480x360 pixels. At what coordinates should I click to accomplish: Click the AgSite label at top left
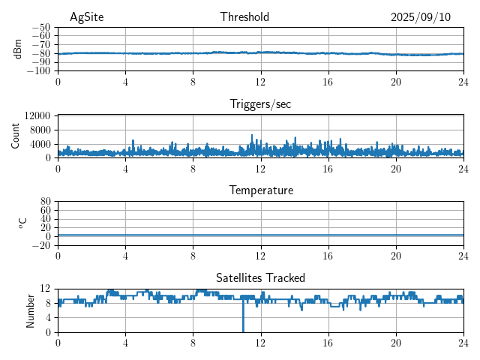tap(85, 17)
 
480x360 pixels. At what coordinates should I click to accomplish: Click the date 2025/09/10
tap(421, 17)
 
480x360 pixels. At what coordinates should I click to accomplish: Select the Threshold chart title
tap(244, 17)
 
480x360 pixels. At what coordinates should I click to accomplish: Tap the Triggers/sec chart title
tap(260, 104)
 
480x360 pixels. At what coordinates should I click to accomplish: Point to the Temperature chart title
tap(260, 190)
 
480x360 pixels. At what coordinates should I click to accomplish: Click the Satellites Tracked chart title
tap(260, 277)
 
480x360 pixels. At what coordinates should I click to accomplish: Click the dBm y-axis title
tap(17, 49)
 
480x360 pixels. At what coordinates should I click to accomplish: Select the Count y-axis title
tap(16, 136)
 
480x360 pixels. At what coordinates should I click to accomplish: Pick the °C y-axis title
tap(22, 223)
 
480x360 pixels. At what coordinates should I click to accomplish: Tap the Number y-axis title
tap(30, 310)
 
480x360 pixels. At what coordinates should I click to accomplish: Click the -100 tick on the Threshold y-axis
tap(39, 71)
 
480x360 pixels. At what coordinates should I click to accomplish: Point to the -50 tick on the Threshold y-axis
tap(41, 27)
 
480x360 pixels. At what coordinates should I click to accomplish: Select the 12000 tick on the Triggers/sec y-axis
tap(37, 116)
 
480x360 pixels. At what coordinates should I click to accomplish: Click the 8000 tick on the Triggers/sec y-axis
tap(40, 130)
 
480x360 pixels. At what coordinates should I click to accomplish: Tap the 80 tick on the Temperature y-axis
tap(46, 202)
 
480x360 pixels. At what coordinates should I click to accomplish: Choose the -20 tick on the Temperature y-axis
tap(41, 245)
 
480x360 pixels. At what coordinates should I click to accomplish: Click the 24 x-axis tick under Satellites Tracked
tap(463, 342)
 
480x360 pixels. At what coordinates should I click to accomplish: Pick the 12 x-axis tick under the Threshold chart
tap(260, 81)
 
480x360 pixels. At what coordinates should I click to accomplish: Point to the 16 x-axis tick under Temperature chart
tap(328, 255)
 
